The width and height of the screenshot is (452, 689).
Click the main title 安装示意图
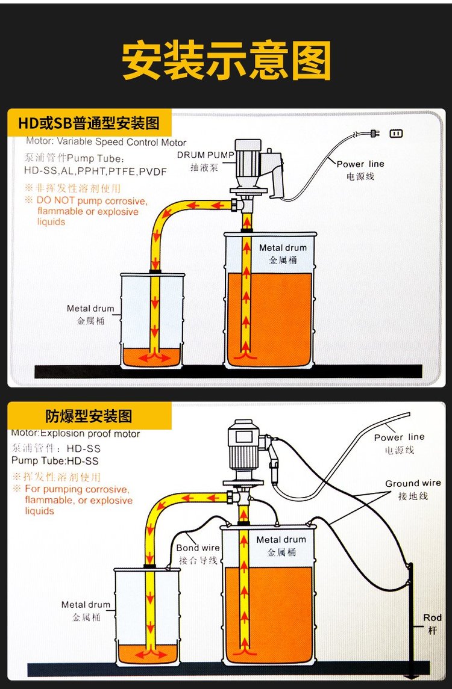pos(227,61)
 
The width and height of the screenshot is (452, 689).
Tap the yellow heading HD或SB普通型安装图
pos(89,123)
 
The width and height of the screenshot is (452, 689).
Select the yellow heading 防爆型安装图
pos(89,416)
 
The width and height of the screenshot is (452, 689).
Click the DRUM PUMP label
pos(206,155)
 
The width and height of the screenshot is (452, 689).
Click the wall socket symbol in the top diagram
pos(396,133)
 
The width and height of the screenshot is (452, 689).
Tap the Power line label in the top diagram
pos(360,164)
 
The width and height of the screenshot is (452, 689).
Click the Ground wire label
pos(413,483)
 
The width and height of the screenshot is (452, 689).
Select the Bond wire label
pos(198,548)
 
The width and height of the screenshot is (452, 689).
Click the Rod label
pos(432,617)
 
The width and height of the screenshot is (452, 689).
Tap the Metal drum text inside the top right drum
pos(283,248)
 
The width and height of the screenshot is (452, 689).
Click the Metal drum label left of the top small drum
pos(90,309)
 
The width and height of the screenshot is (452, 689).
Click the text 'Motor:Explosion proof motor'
pos(75,434)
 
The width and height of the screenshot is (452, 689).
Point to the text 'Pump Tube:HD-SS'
pos(55,461)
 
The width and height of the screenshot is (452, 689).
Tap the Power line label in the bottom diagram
pos(399,437)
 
